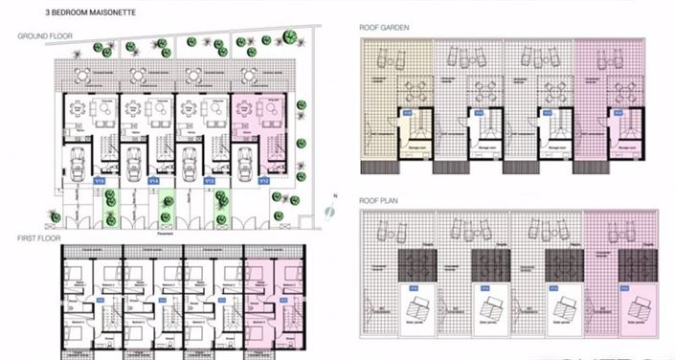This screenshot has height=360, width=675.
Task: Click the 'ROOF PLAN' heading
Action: click(x=379, y=201)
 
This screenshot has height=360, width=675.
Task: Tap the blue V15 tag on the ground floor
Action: click(x=99, y=178)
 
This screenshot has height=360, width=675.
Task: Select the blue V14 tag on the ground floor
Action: click(x=154, y=178)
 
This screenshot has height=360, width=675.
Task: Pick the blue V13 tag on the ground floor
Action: click(x=210, y=178)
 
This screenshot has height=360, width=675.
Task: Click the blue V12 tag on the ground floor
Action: click(x=265, y=178)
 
